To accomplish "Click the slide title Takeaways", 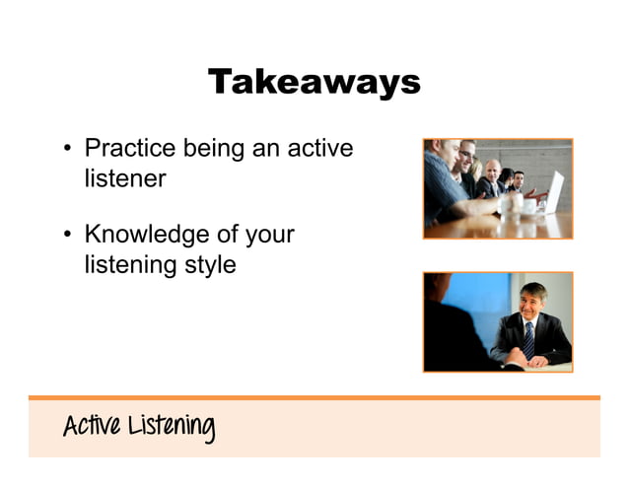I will [x=314, y=82].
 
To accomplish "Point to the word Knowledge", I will [x=146, y=236].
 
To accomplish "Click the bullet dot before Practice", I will [x=67, y=151].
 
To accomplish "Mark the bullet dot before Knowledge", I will [x=67, y=237].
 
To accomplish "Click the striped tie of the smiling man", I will [x=528, y=339].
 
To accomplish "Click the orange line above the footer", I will [x=314, y=397].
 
